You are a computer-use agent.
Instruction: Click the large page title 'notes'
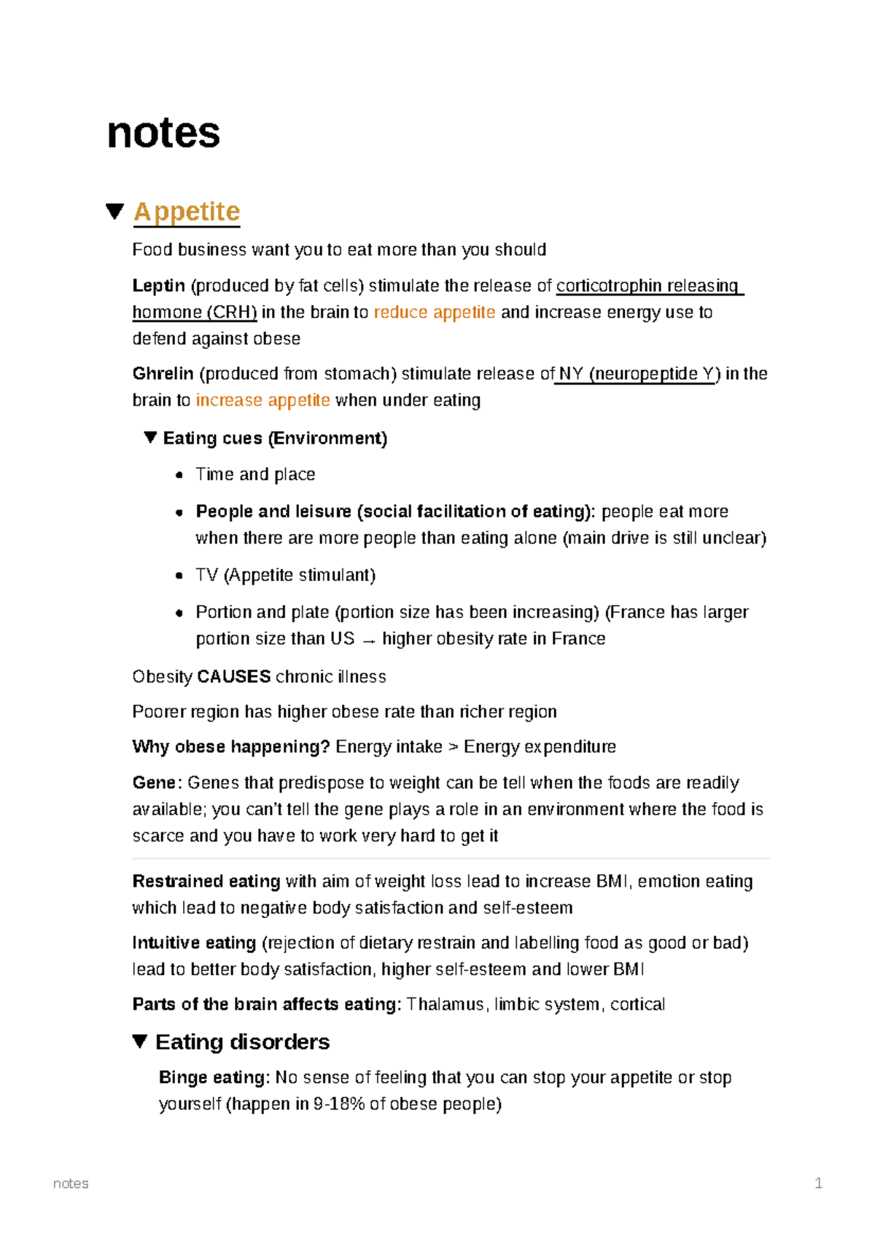(x=163, y=133)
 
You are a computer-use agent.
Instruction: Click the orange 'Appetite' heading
(x=187, y=212)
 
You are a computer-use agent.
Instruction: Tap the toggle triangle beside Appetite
(x=114, y=212)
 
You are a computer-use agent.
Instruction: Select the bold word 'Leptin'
(x=158, y=286)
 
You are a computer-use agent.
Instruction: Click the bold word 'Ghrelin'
(x=163, y=374)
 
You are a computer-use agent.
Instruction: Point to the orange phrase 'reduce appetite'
(x=435, y=312)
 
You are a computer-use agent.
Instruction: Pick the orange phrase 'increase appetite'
(x=262, y=401)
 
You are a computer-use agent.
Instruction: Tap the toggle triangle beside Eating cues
(x=150, y=438)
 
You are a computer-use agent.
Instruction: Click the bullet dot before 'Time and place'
(x=179, y=475)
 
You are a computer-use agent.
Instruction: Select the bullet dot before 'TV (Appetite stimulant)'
(x=179, y=576)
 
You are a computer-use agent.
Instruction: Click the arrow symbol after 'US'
(x=369, y=640)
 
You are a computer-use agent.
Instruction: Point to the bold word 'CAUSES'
(x=234, y=677)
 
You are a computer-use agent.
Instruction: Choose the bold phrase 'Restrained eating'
(x=206, y=881)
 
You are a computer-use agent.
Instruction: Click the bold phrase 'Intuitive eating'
(x=194, y=943)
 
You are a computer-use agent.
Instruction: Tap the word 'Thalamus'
(x=445, y=1005)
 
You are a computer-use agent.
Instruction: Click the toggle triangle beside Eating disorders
(x=141, y=1041)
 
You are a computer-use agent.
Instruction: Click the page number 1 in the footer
(x=818, y=1184)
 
